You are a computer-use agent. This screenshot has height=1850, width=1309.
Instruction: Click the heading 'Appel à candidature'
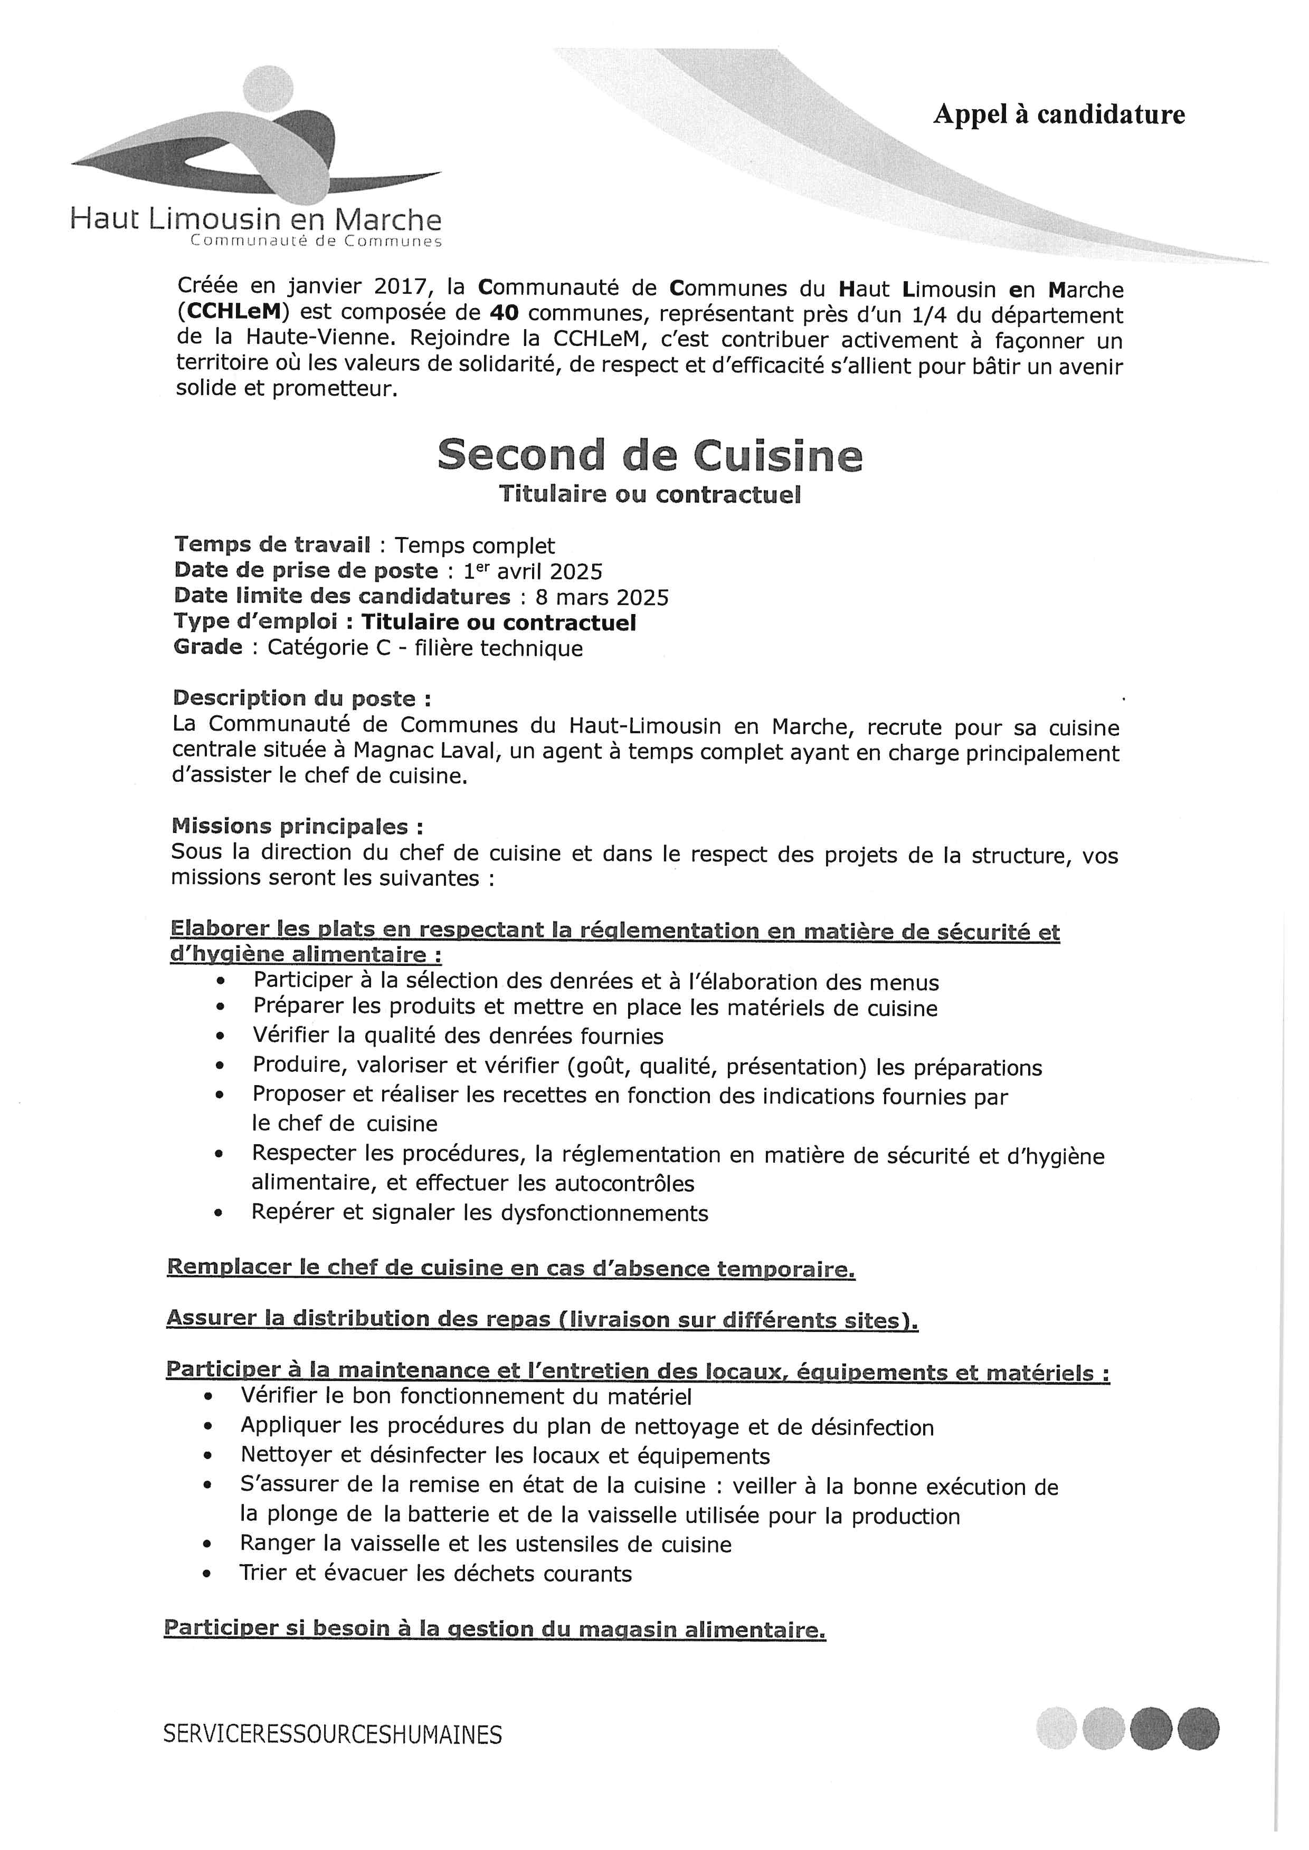pyautogui.click(x=1058, y=115)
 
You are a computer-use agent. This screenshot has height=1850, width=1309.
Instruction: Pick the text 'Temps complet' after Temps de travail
pyautogui.click(x=475, y=547)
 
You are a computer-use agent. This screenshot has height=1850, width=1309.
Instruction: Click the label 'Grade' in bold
pyautogui.click(x=208, y=648)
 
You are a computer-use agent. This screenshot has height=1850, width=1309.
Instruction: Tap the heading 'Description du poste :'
pyautogui.click(x=301, y=698)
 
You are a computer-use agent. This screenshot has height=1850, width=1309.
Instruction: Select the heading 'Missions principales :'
pyautogui.click(x=297, y=827)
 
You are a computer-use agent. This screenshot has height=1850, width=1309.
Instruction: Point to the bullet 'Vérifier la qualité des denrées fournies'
pyautogui.click(x=458, y=1036)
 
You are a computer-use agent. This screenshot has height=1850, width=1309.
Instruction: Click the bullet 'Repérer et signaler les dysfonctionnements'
pyautogui.click(x=480, y=1213)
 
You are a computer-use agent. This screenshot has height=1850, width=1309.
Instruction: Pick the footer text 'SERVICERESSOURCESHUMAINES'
pyautogui.click(x=332, y=1734)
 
